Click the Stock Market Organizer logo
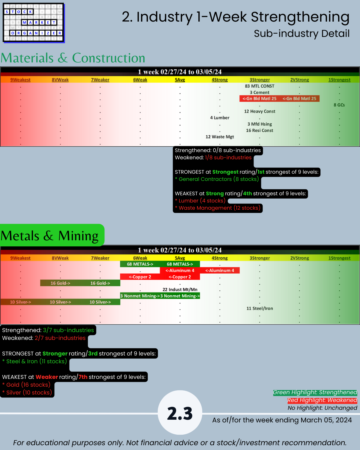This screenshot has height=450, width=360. (x=33, y=22)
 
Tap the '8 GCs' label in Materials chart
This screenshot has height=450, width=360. (x=339, y=105)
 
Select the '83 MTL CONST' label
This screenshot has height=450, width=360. (x=259, y=86)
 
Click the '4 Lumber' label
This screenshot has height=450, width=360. (x=220, y=118)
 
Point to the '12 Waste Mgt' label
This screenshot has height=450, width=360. (x=220, y=137)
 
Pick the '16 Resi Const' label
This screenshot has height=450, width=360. (x=259, y=130)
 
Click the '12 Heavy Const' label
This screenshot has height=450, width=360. (x=259, y=111)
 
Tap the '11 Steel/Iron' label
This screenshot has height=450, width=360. (x=259, y=308)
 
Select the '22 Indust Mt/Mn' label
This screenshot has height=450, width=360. (x=180, y=289)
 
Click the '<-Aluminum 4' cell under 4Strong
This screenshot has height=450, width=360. (x=220, y=271)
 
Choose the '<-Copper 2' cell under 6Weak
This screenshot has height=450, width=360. (x=140, y=277)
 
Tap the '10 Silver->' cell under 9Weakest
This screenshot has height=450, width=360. (x=20, y=302)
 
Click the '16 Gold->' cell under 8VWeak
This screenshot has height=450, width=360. (x=60, y=283)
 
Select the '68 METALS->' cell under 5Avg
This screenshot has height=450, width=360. (x=180, y=264)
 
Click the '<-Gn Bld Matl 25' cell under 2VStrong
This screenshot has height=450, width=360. (x=299, y=99)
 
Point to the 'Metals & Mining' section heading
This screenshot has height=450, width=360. (x=50, y=236)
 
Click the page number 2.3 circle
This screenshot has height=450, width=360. (x=180, y=413)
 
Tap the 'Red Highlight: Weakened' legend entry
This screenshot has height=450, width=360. (x=322, y=400)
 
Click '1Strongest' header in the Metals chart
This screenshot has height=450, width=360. (x=339, y=258)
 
